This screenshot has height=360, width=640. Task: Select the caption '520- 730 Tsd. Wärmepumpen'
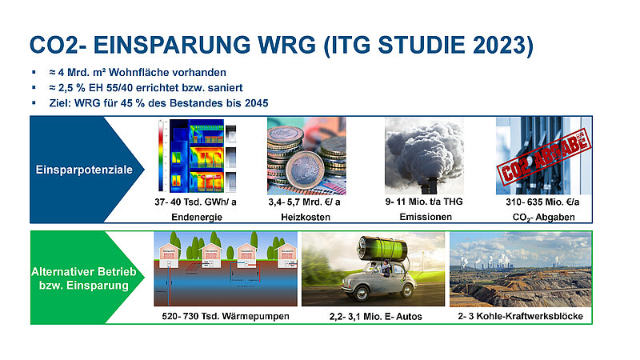226,317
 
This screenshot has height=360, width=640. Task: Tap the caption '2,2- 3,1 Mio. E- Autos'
374,317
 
